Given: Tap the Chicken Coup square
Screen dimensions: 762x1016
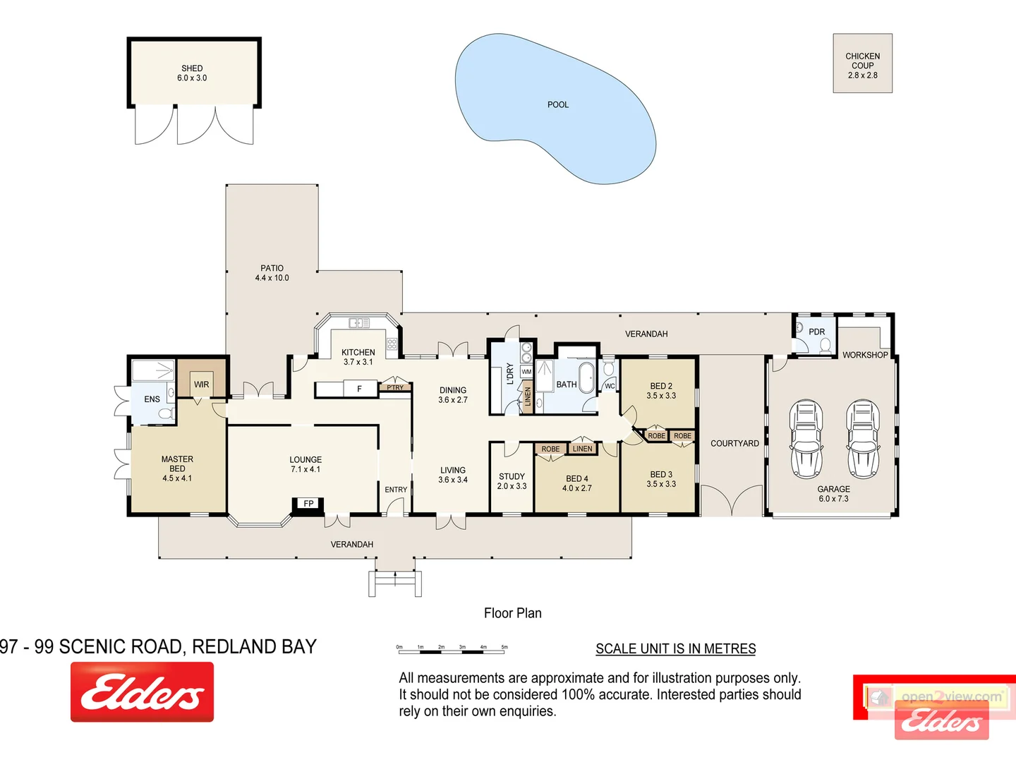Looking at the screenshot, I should click(x=862, y=64).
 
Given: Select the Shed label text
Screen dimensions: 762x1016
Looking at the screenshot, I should click(x=192, y=68).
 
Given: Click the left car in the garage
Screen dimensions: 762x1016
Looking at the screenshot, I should click(x=805, y=438).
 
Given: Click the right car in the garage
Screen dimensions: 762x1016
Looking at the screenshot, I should click(x=862, y=438).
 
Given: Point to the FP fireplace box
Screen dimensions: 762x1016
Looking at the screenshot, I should click(x=308, y=504).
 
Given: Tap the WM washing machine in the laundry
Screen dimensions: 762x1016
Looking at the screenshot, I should click(x=526, y=372).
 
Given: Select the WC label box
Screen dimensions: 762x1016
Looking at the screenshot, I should click(x=610, y=386).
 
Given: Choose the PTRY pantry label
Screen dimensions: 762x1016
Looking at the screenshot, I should click(x=395, y=387).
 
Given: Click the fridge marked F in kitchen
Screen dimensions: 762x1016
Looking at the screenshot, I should click(x=359, y=389).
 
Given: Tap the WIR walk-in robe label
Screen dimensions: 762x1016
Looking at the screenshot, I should click(x=201, y=385).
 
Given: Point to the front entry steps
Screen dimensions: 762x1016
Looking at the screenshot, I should click(x=395, y=583).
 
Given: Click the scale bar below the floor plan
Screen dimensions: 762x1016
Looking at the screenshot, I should click(x=452, y=648).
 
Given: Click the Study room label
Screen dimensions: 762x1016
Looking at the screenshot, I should click(x=512, y=477).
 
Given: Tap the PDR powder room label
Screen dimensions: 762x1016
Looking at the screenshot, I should click(x=816, y=332).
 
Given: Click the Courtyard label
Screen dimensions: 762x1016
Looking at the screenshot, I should click(x=734, y=444).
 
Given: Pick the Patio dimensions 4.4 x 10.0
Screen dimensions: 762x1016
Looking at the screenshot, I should click(x=272, y=278).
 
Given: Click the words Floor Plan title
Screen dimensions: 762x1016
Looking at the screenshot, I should click(x=512, y=613).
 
